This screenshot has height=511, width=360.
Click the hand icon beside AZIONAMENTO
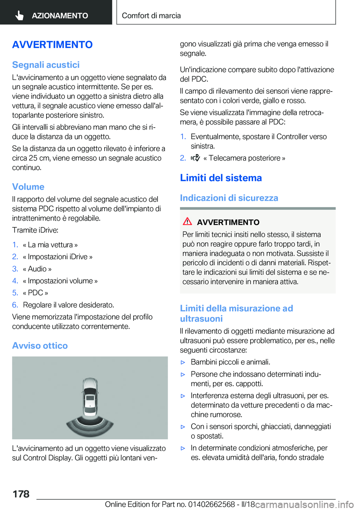tap(19, 15)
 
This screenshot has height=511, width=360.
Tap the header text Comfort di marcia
tap(151, 16)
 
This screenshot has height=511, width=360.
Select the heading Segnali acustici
tap(46, 65)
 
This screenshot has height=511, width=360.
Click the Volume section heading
tap(28, 187)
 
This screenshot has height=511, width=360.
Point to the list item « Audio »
tap(37, 269)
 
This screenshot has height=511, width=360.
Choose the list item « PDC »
tap(35, 293)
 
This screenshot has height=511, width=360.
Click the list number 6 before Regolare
tap(15, 305)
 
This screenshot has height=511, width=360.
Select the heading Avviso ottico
tap(40, 346)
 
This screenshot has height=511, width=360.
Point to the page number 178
tap(21, 494)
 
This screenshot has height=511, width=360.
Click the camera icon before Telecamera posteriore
tap(195, 158)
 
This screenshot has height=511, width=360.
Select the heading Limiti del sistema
tap(221, 178)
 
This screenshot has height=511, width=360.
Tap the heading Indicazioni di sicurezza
tap(229, 198)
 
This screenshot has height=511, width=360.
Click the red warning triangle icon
tap(187, 221)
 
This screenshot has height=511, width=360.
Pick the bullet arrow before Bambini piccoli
tap(183, 362)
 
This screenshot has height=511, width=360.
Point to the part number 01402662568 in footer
tap(211, 504)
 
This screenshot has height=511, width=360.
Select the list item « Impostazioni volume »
tap(60, 281)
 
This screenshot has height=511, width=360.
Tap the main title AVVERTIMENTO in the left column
tap(52, 45)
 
